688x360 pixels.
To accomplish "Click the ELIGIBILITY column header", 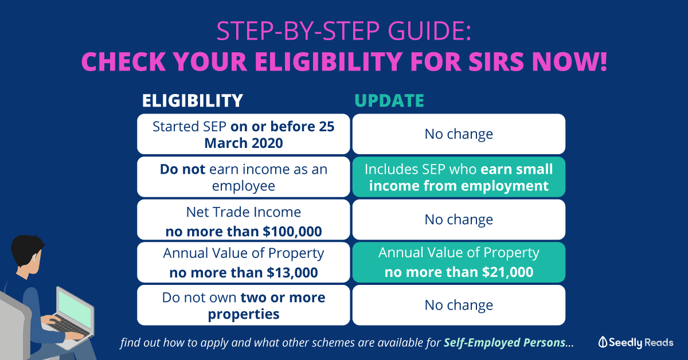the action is click(192, 100).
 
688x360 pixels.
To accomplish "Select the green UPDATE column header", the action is click(389, 100).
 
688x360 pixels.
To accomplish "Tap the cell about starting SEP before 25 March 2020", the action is click(244, 134).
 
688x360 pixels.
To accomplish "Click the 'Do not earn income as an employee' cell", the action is click(244, 177).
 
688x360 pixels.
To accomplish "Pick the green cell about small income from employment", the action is click(459, 177).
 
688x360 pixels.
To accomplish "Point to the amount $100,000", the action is click(292, 232).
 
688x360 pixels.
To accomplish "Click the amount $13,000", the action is click(292, 273).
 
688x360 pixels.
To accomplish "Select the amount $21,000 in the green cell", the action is click(508, 272).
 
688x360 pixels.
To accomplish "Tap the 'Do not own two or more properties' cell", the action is click(244, 306).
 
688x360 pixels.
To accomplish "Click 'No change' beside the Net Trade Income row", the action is click(459, 220).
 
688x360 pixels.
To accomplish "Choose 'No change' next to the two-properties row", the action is click(459, 305).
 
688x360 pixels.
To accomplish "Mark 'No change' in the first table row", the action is click(459, 134).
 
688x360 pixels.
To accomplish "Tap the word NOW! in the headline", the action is click(569, 61).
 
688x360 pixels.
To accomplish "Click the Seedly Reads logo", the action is click(636, 342).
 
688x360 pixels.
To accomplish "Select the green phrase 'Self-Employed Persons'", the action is click(505, 342).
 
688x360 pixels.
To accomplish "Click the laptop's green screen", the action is click(75, 308).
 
